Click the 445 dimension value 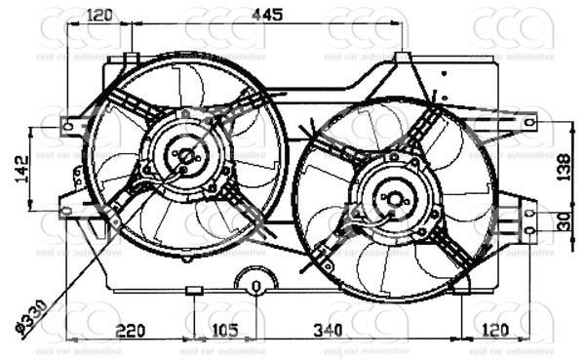[265, 14]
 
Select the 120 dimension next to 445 [101, 14]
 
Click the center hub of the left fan [184, 154]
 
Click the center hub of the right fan [395, 199]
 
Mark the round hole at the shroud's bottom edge [255, 287]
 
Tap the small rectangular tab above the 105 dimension [194, 290]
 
